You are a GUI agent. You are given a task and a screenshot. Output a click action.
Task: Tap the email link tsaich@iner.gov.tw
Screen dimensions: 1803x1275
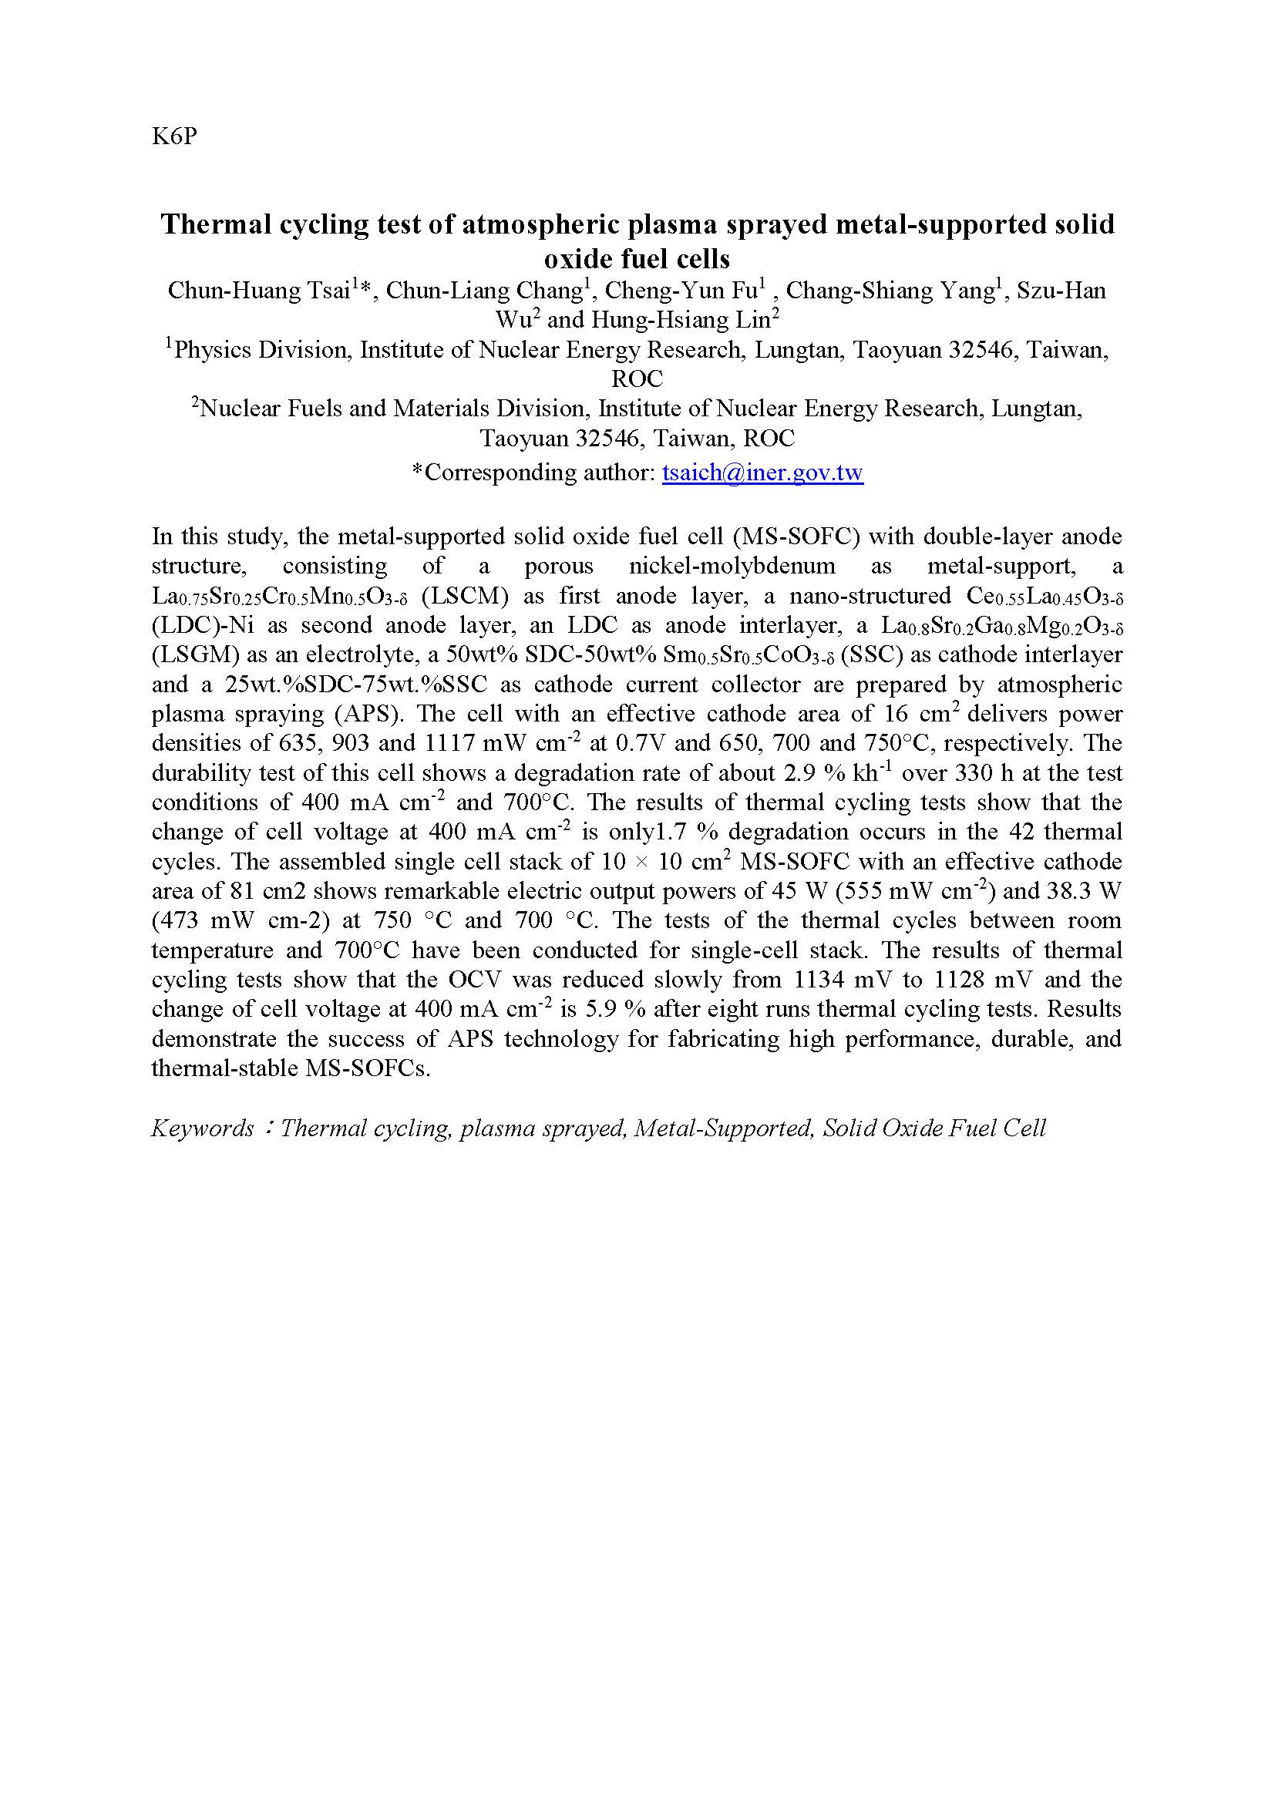pos(762,473)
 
